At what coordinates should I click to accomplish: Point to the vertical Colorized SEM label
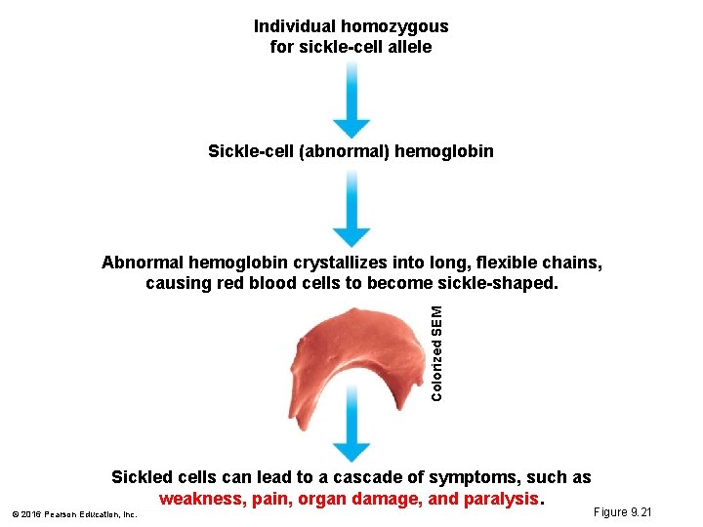pos(437,351)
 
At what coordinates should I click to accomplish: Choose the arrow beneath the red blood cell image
pos(351,434)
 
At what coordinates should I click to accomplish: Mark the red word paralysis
pos(500,499)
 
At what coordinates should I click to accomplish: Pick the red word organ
pos(321,499)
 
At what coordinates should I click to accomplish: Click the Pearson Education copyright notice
pos(74,513)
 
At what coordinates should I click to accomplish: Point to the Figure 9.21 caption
pos(622,512)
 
